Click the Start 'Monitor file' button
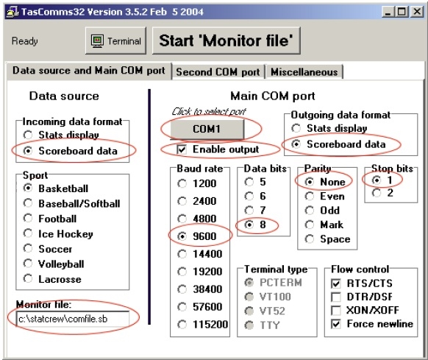227,40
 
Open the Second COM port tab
218,72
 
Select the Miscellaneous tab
304,72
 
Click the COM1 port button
207,129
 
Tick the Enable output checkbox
182,149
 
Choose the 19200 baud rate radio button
182,272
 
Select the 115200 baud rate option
182,325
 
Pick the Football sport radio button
28,218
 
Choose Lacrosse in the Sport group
28,278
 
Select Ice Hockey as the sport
28,233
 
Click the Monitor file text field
72,319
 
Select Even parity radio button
310,196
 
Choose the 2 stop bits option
377,193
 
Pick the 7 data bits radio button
249,211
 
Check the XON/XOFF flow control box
336,310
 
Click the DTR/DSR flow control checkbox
336,297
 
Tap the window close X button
417,12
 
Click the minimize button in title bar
388,12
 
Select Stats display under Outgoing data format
296,128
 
